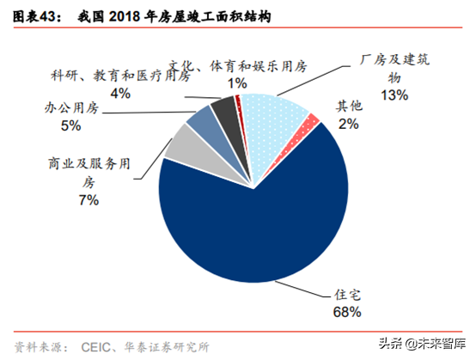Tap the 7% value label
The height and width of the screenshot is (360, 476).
tap(88, 199)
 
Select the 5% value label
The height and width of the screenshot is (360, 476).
tap(70, 125)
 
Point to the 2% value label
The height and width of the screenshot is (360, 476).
tap(349, 123)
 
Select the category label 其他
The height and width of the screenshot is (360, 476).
tap(349, 107)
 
